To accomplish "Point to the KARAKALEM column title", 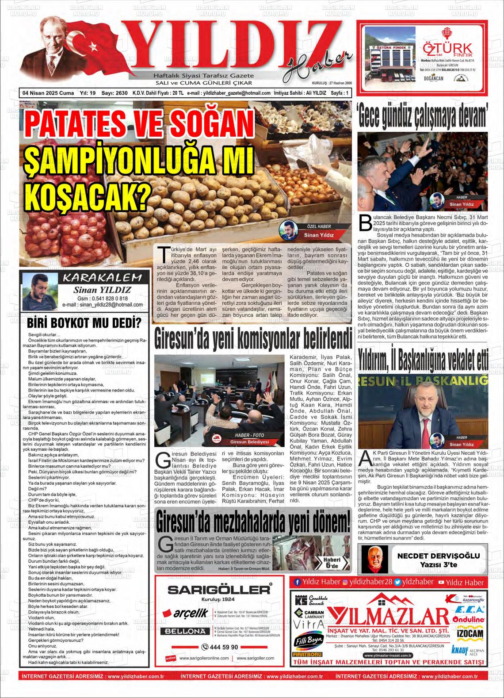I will (103, 278).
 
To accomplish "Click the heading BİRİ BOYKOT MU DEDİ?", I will (84, 323).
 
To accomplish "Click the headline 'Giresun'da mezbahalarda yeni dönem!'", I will (254, 522).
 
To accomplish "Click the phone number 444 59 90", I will (219, 647).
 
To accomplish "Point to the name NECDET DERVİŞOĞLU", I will (435, 556).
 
